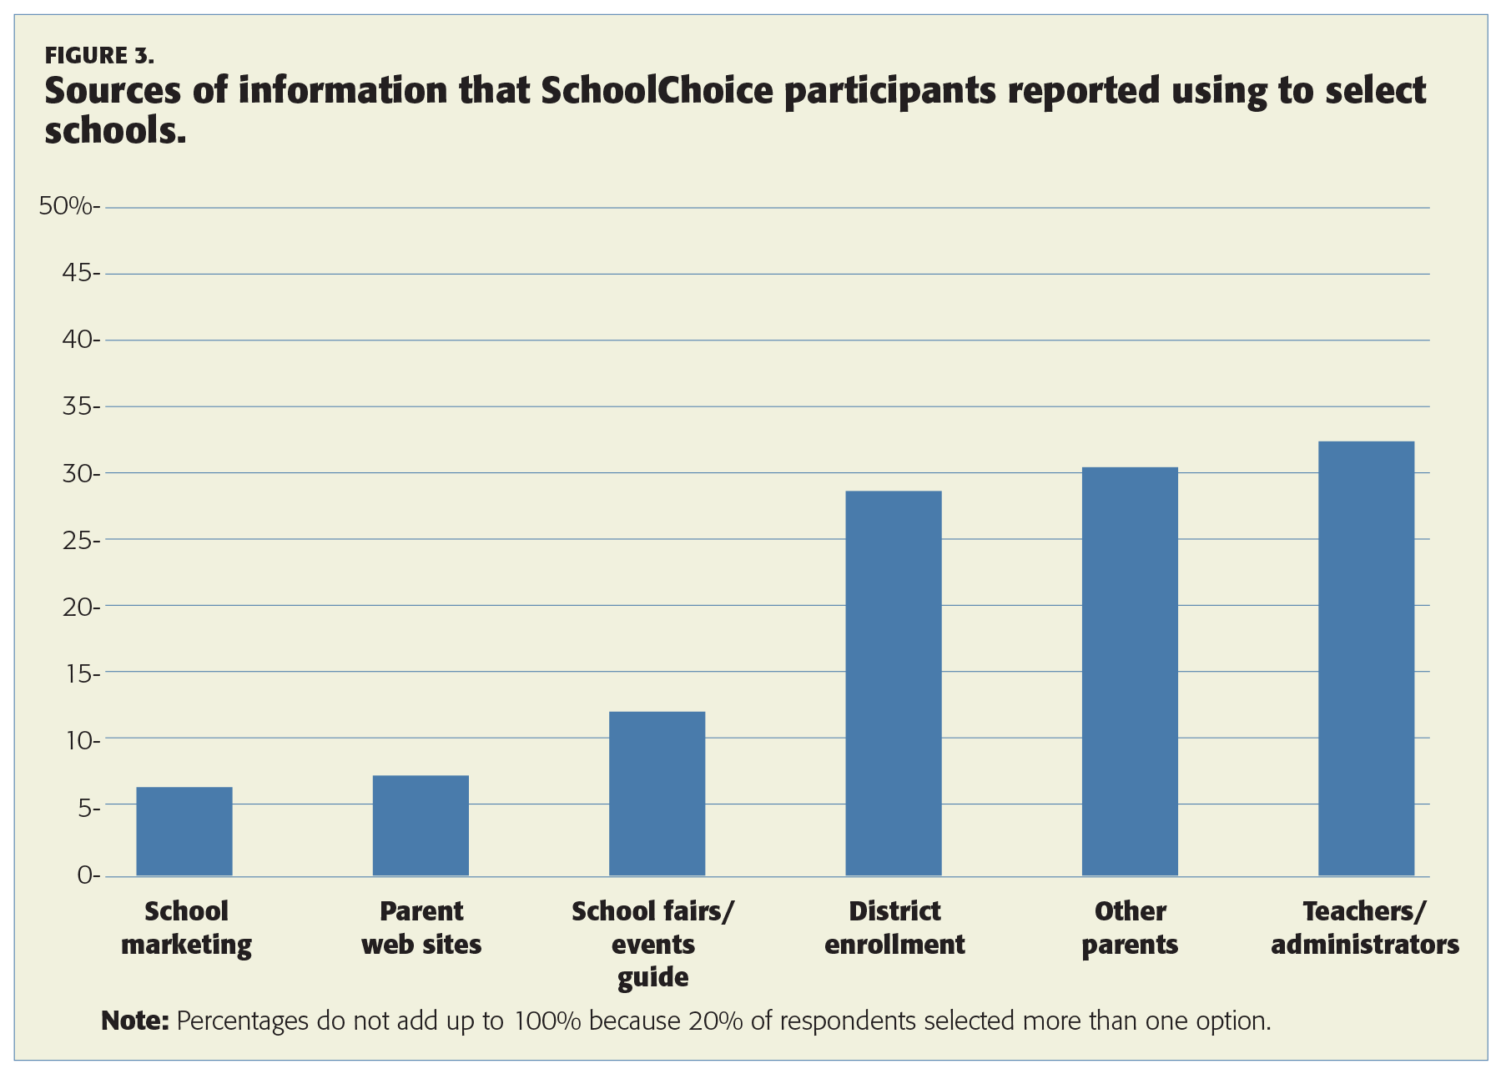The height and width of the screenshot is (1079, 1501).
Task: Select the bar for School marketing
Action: click(x=184, y=831)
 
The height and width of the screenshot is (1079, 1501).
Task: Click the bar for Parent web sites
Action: click(x=421, y=825)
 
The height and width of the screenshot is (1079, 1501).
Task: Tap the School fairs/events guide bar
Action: click(x=657, y=794)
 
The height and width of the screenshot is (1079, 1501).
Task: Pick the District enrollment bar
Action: click(x=894, y=683)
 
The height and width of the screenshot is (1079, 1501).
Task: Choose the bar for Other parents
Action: click(x=1130, y=671)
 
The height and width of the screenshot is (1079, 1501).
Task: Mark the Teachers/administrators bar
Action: click(x=1366, y=658)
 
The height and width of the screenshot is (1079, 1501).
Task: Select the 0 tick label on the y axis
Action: click(x=87, y=875)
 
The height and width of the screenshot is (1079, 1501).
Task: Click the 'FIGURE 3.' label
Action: click(x=99, y=56)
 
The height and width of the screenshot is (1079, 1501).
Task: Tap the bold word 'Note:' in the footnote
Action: click(x=135, y=1021)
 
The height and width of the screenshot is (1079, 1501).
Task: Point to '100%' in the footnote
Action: click(x=547, y=1021)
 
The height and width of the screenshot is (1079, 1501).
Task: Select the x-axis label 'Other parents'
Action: click(x=1130, y=928)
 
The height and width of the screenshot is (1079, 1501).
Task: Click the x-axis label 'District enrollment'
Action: click(x=894, y=928)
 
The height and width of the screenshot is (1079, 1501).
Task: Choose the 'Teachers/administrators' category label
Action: click(x=1365, y=928)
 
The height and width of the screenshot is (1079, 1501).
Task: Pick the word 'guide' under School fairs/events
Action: click(x=653, y=977)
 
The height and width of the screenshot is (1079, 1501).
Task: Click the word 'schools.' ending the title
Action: click(x=114, y=130)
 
